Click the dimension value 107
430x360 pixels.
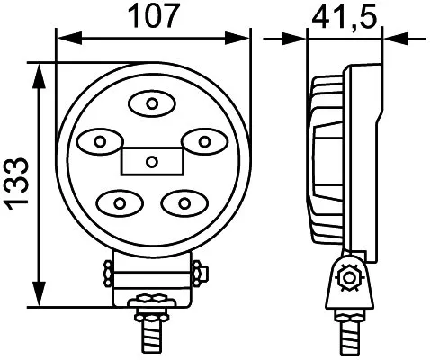(152, 16)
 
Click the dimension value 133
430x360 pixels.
(18, 185)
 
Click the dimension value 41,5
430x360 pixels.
(344, 16)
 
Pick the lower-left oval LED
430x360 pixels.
(120, 201)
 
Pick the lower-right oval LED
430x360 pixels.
(183, 201)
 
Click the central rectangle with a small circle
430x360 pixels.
(151, 162)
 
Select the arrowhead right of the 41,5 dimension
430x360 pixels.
(392, 38)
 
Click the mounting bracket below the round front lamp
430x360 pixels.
(151, 274)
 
